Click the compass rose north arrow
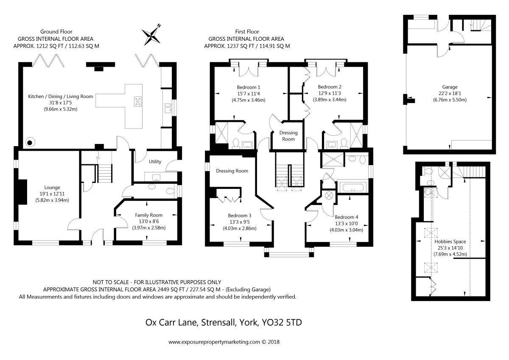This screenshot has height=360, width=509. click(151, 36)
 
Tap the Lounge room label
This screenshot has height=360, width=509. click(52, 188)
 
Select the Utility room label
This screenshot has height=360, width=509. click(155, 162)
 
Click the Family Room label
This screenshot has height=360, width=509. click(148, 215)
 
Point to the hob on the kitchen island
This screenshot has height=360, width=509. click(138, 101)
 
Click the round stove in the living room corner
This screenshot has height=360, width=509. click(30, 143)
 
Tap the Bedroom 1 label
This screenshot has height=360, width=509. click(249, 87)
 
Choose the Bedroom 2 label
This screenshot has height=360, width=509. click(330, 87)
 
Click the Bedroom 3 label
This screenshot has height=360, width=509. click(240, 216)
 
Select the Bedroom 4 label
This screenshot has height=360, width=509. click(346, 217)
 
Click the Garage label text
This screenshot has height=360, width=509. click(450, 87)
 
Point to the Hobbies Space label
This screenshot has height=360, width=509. click(450, 242)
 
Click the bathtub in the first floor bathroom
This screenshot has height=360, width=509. click(353, 188)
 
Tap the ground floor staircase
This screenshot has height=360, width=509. click(105, 173)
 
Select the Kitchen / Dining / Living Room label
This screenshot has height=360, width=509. click(60, 96)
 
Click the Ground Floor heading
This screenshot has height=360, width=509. click(56, 31)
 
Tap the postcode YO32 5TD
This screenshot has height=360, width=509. click(282, 323)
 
